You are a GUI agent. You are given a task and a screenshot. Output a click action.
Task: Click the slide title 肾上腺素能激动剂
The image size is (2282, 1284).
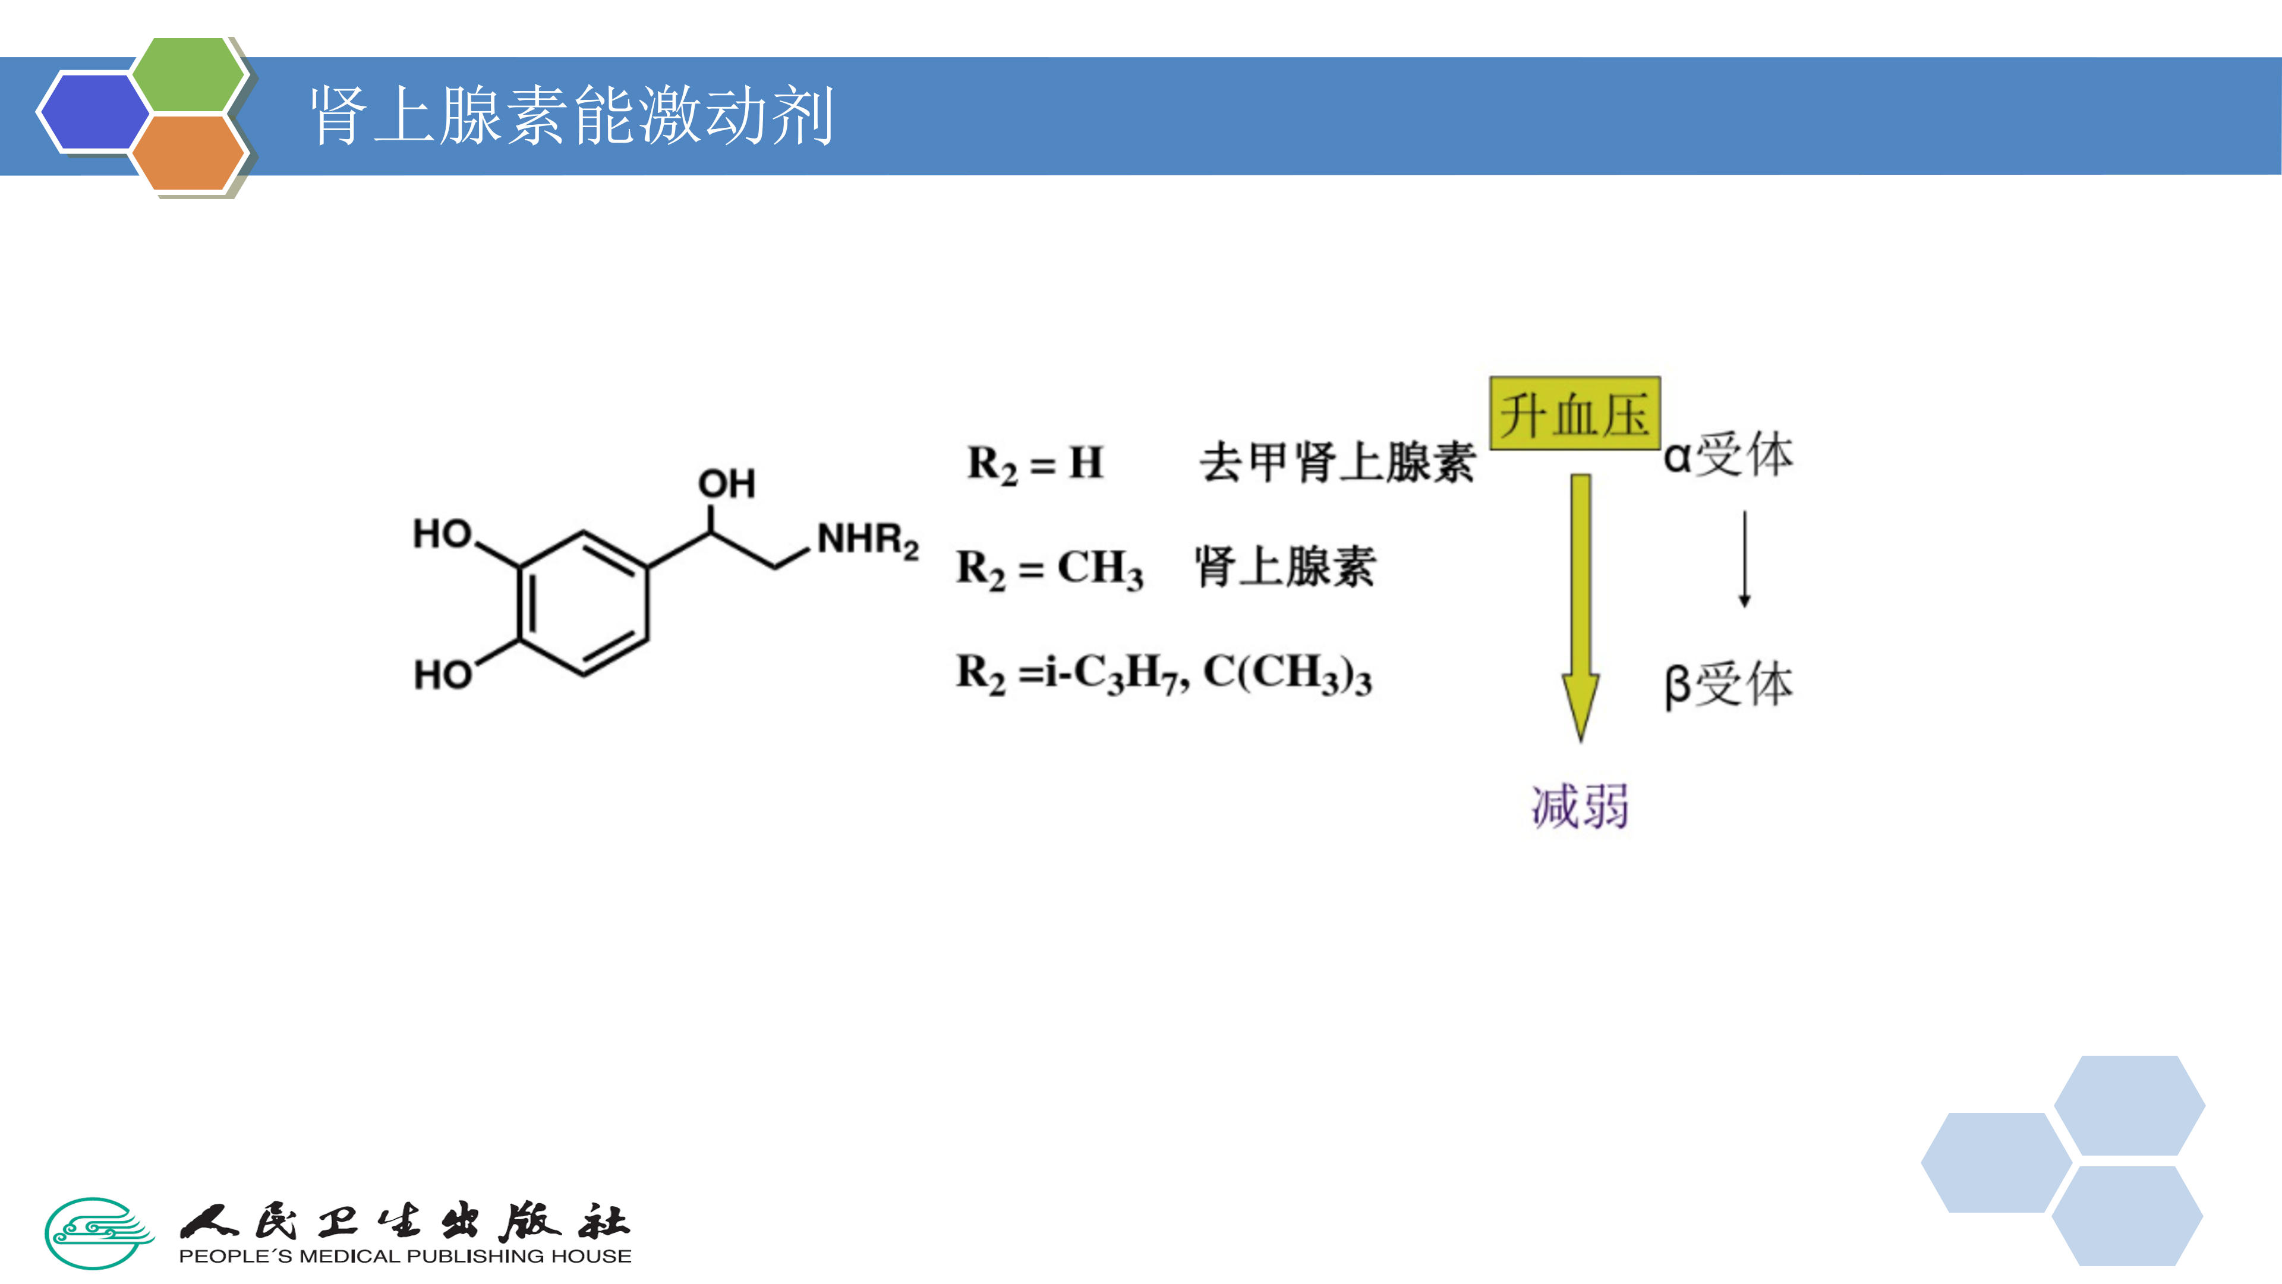click(x=571, y=116)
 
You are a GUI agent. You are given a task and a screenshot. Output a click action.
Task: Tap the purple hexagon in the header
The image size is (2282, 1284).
click(x=94, y=112)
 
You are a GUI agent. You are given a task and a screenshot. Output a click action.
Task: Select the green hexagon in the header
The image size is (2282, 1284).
click(x=188, y=74)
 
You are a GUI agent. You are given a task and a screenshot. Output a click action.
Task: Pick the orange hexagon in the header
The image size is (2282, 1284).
click(x=188, y=152)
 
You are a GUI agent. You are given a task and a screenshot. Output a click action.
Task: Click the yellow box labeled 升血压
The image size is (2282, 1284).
click(x=1574, y=414)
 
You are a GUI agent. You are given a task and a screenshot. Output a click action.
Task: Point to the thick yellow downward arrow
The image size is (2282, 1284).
click(x=1580, y=603)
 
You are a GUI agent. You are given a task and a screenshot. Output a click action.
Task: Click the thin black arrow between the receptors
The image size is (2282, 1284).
click(x=1744, y=558)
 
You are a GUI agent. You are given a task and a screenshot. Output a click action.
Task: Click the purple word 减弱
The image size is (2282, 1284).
click(x=1580, y=807)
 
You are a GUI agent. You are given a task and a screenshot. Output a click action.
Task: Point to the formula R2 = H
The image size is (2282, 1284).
click(x=1035, y=464)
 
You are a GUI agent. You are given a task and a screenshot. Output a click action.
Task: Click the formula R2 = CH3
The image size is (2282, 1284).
click(x=1049, y=568)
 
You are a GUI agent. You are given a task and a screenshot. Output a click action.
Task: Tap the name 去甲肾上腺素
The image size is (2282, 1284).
click(x=1337, y=462)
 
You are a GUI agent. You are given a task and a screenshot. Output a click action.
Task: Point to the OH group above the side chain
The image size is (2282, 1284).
click(x=726, y=484)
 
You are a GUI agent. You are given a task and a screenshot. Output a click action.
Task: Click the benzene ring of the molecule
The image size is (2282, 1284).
click(x=584, y=603)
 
